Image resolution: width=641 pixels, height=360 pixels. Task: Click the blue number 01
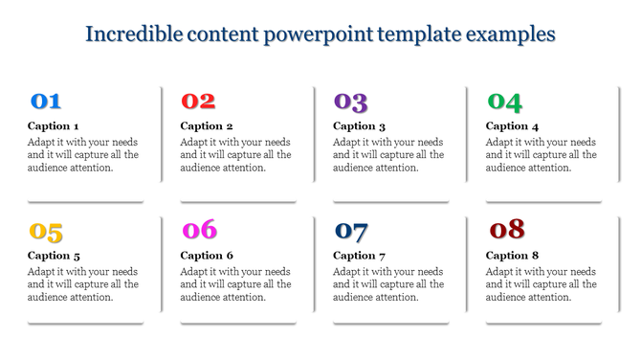tap(46, 101)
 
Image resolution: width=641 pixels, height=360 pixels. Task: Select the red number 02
tap(198, 101)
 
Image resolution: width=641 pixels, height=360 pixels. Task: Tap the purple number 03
tap(350, 101)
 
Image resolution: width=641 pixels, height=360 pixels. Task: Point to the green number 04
tap(504, 101)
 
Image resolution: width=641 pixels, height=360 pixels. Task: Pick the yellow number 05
tap(46, 232)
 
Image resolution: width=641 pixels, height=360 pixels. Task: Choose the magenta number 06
tap(199, 231)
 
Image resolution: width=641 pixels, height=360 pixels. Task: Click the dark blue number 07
tap(351, 232)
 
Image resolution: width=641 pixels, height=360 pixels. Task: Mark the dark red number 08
tap(506, 230)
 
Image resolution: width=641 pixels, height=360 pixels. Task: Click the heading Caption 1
tap(54, 126)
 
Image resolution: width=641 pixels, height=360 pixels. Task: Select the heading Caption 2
tap(207, 126)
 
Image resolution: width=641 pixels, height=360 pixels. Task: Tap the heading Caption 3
tap(360, 126)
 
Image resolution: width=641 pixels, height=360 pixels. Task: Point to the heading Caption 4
tap(513, 126)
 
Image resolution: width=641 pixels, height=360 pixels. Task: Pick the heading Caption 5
tap(54, 256)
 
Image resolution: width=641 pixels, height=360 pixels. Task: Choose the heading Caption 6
tap(207, 256)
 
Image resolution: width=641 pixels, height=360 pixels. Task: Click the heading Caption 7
tap(360, 256)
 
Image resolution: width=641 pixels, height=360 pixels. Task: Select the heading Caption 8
tap(513, 256)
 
